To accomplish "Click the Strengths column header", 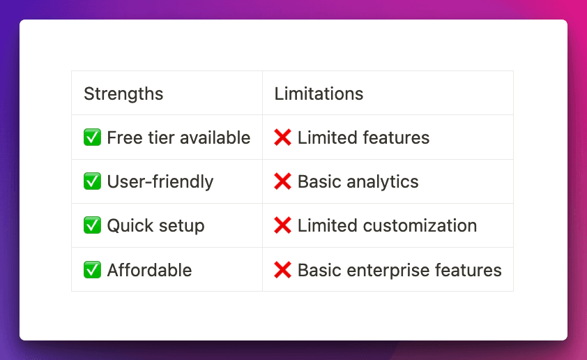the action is coord(123,94).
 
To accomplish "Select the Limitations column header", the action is coord(319,93).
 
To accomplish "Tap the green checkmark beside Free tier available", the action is coord(92,137).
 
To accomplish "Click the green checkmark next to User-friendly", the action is coord(92,181).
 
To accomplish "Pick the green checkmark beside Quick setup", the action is coord(92,225).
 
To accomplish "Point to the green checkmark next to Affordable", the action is coord(92,270).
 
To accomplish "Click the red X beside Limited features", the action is coord(282,137).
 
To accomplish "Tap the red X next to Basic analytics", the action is coord(282,181).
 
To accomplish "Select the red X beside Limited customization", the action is coord(282,225).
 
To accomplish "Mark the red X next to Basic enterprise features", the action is coord(282,270).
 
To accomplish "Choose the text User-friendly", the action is coord(160,182).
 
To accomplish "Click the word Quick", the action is coord(130,225).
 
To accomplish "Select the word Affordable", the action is coord(149,270).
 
